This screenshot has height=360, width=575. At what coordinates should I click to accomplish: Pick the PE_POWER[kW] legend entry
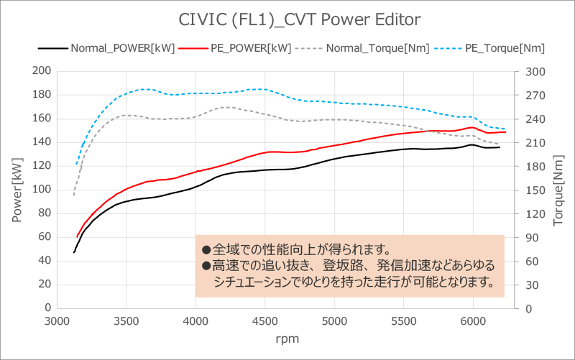[x=249, y=48]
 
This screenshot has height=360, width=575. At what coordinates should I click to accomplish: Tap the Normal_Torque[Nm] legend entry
[x=376, y=48]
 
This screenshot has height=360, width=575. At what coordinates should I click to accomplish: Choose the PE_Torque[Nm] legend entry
[x=503, y=48]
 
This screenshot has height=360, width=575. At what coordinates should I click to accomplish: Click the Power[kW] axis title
[x=17, y=190]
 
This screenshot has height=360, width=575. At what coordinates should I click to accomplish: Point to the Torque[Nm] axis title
[x=559, y=190]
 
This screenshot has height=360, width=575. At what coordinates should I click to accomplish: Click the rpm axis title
[x=287, y=337]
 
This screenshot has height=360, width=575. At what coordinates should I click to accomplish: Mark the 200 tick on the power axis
[x=42, y=70]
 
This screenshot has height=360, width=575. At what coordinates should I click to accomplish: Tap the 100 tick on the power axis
[x=42, y=189]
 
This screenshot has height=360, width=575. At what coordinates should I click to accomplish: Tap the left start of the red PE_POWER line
[x=77, y=237]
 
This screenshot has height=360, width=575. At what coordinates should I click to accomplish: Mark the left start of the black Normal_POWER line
[x=74, y=252]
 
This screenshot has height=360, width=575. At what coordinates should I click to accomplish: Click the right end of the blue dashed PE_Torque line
[x=505, y=129]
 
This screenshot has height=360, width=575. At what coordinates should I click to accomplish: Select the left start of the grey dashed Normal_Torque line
[x=73, y=195]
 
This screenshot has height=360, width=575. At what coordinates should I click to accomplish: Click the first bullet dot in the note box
[x=206, y=251]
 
